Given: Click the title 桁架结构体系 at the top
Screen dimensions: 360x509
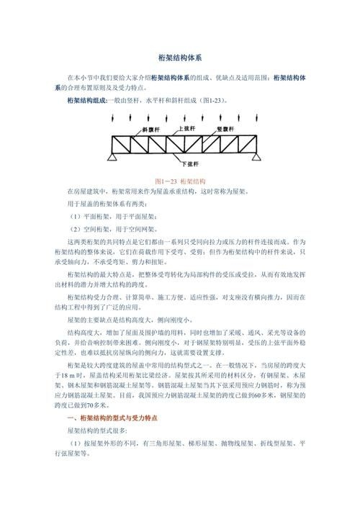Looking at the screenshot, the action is click(x=180, y=57).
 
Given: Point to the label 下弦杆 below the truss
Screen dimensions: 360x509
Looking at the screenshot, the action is click(x=190, y=164).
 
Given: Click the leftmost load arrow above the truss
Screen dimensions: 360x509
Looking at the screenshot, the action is click(x=116, y=116).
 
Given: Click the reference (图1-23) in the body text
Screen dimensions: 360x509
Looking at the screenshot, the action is click(x=213, y=100).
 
